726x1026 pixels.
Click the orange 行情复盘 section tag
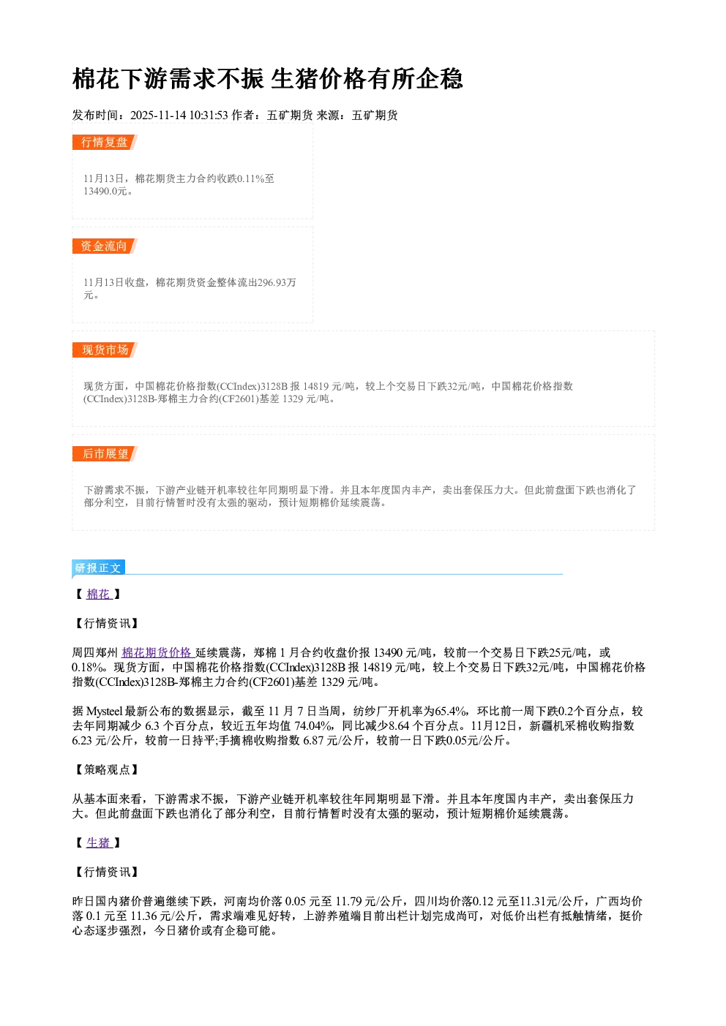point(105,142)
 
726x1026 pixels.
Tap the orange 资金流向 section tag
point(105,246)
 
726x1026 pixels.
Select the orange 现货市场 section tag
point(105,350)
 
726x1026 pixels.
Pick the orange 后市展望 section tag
point(105,454)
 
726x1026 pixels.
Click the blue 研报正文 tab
point(98,568)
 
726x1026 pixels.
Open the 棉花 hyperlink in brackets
point(100,594)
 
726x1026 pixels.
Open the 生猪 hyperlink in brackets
point(100,842)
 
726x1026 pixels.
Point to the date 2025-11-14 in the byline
point(158,115)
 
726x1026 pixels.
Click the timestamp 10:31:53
point(209,115)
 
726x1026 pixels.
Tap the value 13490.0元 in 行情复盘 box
point(105,191)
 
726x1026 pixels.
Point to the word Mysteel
point(105,712)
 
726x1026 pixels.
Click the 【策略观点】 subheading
point(106,769)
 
